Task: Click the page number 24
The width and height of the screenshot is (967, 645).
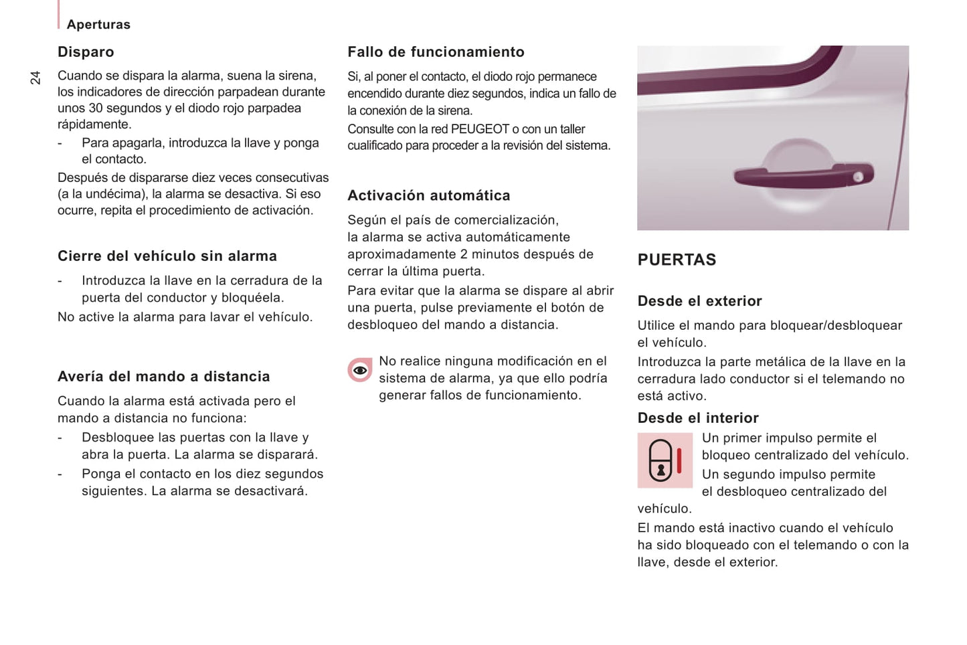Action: click(x=35, y=78)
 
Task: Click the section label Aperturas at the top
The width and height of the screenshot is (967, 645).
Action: click(x=98, y=25)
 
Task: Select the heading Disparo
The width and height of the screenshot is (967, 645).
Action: click(x=86, y=52)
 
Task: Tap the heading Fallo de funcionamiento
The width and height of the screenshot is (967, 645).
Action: click(x=436, y=52)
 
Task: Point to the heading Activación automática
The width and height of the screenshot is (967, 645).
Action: click(x=428, y=195)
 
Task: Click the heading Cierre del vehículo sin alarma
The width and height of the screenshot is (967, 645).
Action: click(x=167, y=256)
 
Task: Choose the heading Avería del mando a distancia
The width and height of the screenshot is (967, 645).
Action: click(x=164, y=377)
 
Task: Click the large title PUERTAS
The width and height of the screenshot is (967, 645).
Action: click(x=677, y=260)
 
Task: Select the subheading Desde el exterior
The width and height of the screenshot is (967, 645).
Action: click(x=699, y=301)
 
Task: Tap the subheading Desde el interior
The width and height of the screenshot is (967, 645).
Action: click(x=698, y=418)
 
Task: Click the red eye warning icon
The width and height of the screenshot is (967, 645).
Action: click(x=360, y=370)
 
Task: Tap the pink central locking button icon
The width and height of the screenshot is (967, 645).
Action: click(x=665, y=460)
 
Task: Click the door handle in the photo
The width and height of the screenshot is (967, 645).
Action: click(x=803, y=176)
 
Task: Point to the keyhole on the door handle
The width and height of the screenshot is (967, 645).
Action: click(x=858, y=177)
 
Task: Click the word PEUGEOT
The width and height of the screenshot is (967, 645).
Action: click(x=479, y=129)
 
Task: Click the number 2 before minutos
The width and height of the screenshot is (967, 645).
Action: click(x=464, y=254)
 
